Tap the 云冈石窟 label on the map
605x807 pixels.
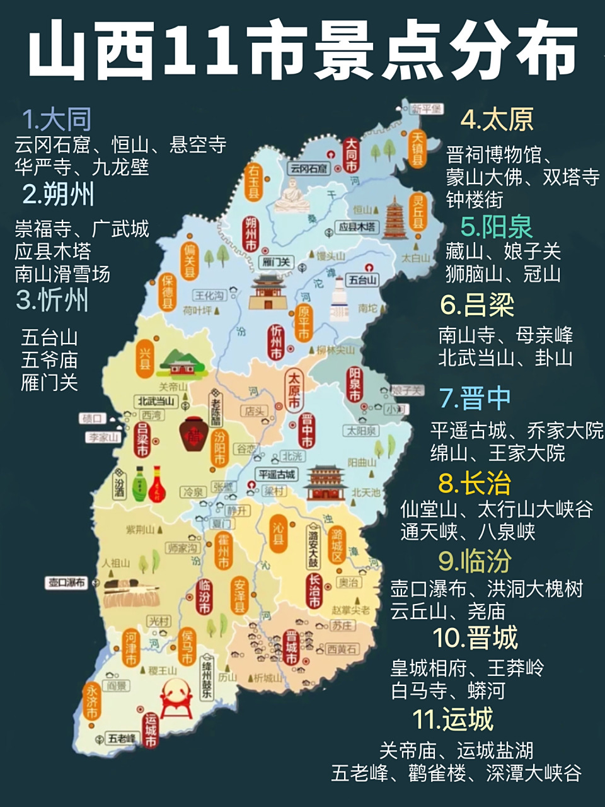click(309, 168)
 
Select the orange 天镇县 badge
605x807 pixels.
click(417, 149)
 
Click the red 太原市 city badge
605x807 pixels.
click(294, 391)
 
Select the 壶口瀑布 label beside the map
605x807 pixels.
click(67, 582)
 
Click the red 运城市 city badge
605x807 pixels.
click(150, 730)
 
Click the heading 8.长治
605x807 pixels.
click(474, 484)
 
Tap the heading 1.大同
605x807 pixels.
click(57, 119)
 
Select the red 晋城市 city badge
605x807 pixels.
click(291, 647)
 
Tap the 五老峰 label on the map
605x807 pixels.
click(122, 738)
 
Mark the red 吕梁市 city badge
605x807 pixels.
click(142, 439)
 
